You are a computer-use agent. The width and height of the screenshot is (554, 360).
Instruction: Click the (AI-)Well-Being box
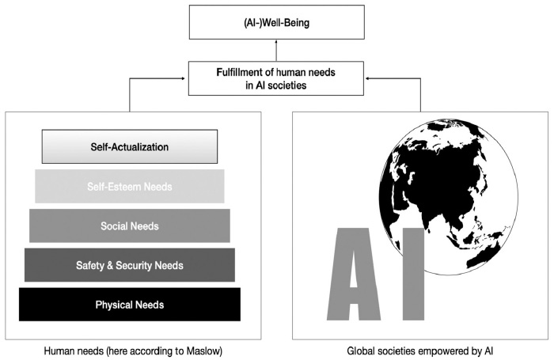tap(277, 22)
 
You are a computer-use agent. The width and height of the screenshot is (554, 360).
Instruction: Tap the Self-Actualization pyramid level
tap(129, 147)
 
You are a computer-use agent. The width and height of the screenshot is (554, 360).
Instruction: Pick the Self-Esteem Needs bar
tap(129, 187)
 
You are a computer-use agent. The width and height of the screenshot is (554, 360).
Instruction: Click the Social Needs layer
tap(129, 226)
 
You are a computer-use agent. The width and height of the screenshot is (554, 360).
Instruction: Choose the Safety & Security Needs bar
tap(129, 265)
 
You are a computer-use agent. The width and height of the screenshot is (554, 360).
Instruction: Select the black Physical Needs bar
tap(129, 305)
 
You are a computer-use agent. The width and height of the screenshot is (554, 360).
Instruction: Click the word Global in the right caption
tap(361, 349)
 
